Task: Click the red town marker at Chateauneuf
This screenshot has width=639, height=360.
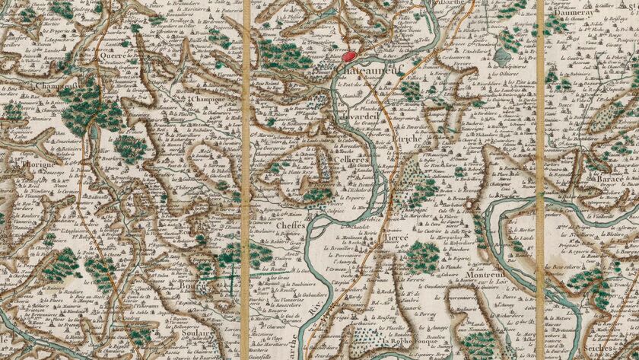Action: (349, 56)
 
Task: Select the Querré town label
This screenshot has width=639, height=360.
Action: (111, 56)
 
